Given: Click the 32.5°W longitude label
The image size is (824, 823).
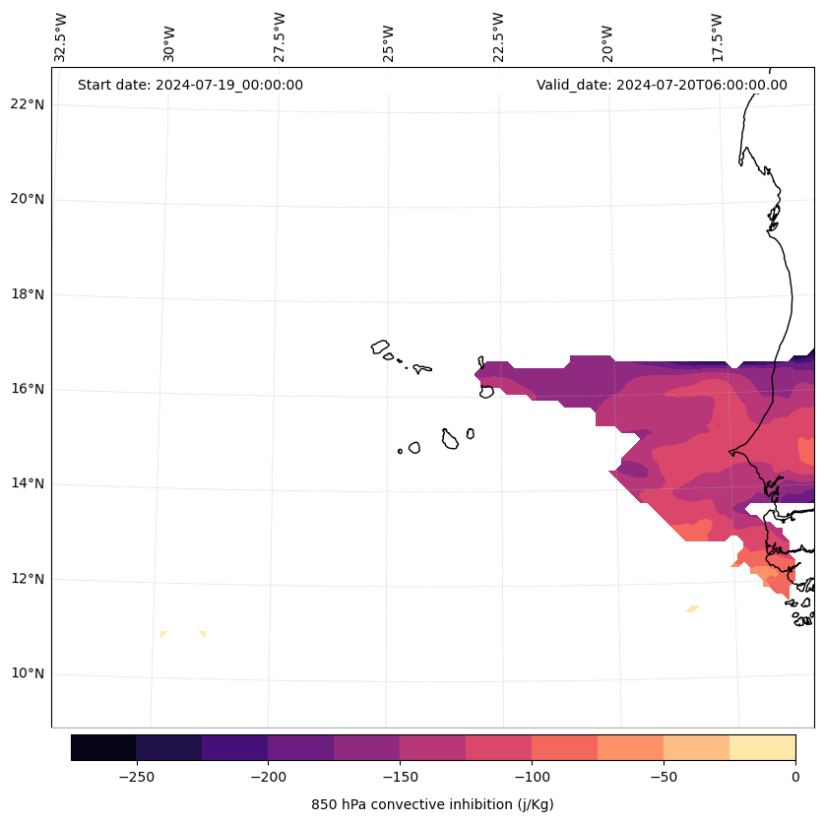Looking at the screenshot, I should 61,37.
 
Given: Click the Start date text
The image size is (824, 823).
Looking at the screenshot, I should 190,85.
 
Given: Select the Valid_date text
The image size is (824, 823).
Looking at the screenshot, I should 662,85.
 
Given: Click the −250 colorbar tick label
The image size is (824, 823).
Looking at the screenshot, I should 136,777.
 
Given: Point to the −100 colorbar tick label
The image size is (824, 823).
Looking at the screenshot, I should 532,777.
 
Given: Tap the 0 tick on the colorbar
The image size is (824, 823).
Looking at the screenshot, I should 794,777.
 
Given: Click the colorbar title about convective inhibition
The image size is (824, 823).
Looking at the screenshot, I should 432,804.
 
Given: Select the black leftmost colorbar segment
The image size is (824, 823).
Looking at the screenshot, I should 103,747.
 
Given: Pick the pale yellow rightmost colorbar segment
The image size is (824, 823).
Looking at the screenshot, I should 762,747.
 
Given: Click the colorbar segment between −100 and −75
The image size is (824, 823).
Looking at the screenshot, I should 564,747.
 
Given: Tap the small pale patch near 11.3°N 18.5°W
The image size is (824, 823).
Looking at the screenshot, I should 692,608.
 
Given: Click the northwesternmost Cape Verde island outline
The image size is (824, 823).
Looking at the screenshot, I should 380,347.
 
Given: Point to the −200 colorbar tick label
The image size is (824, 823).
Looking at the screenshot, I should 268,777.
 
